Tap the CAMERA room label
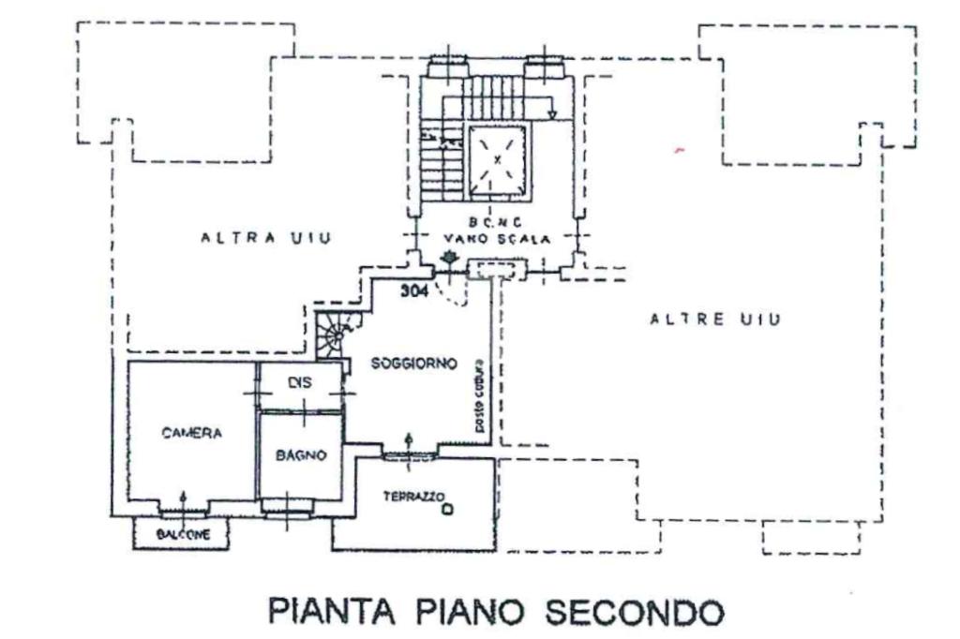(191, 433)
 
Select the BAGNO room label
(301, 455)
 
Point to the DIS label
(299, 383)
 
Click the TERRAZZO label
(413, 496)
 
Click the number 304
(414, 291)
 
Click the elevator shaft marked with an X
(498, 158)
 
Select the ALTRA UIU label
(266, 238)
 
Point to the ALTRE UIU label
(715, 319)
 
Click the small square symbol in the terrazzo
(448, 510)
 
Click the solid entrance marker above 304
(451, 257)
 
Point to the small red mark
(680, 150)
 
